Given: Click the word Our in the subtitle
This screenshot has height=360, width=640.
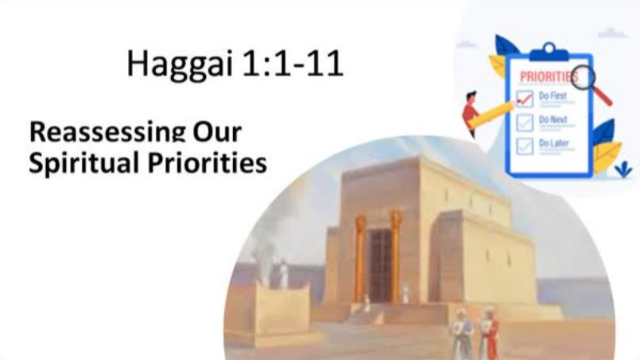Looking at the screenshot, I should [x=219, y=132].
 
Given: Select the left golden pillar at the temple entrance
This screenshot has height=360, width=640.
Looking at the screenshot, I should [x=359, y=258].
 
